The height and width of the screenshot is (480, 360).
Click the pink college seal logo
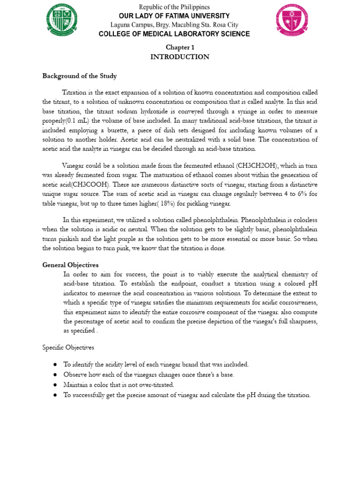[x=291, y=20]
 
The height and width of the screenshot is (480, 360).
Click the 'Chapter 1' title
[x=180, y=47]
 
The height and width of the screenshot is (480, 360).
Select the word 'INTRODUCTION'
[x=180, y=57]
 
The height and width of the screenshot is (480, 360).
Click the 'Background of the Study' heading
[x=80, y=75]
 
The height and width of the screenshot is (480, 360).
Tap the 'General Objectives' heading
[x=70, y=265]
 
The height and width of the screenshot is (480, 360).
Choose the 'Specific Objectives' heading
[x=68, y=347]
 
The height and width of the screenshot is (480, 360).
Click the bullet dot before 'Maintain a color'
[x=55, y=385]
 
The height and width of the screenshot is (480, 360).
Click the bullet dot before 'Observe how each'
[x=55, y=375]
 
